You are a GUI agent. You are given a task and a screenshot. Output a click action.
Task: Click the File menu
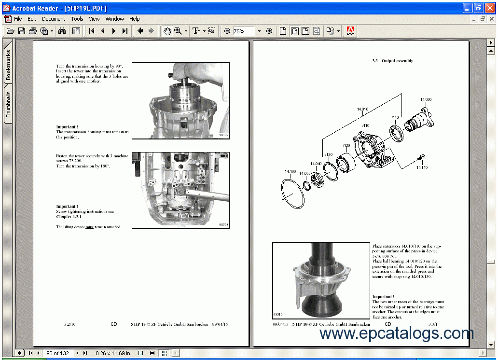(x=18, y=19)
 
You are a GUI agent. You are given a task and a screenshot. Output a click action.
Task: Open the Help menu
(x=134, y=19)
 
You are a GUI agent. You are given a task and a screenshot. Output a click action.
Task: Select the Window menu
(x=114, y=19)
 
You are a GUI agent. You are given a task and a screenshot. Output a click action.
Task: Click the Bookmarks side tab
(x=8, y=65)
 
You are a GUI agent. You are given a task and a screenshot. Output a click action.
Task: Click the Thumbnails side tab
(x=8, y=104)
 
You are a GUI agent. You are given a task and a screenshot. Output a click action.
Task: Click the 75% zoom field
(x=244, y=31)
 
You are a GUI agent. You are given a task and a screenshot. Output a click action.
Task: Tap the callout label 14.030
(x=426, y=100)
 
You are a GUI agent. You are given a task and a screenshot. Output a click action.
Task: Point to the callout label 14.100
(x=290, y=171)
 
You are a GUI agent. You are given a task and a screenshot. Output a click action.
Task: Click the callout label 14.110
(x=422, y=167)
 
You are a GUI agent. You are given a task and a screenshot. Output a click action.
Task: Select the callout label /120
(x=346, y=145)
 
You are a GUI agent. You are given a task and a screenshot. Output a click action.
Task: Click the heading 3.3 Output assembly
(x=392, y=61)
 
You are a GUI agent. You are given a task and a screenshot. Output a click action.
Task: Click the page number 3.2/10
(x=70, y=324)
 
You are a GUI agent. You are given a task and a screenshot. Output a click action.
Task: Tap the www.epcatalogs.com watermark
(x=397, y=333)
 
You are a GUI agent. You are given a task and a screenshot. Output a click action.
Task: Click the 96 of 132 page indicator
(x=57, y=353)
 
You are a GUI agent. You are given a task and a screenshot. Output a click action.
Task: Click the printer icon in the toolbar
(x=33, y=31)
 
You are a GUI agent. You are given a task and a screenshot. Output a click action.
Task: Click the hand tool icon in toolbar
(x=167, y=31)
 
